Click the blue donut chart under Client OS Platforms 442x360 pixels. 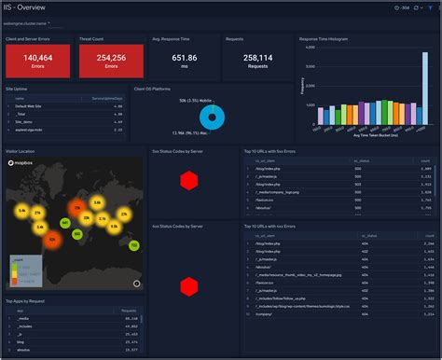[213, 116]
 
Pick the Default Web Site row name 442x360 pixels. [30, 107]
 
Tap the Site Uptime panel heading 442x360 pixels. [17, 89]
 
